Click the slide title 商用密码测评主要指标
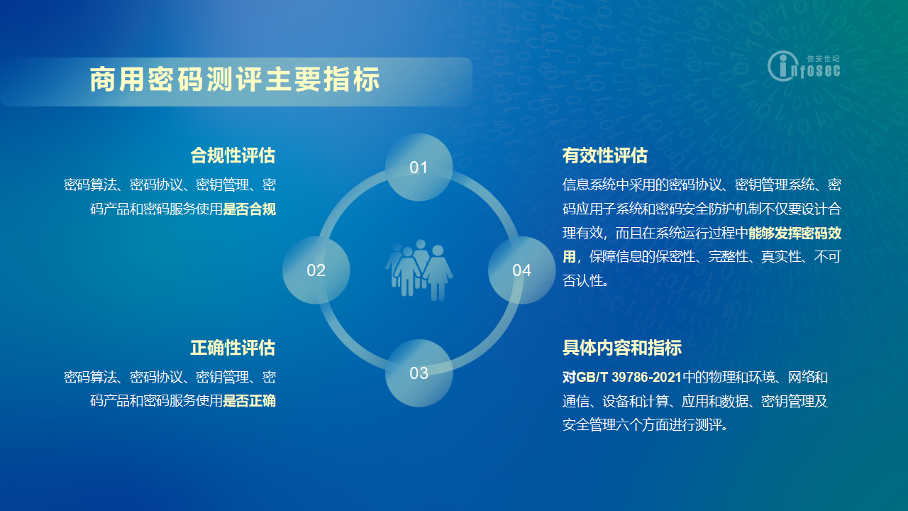pos(235,79)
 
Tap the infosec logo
pos(804,66)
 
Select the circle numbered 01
pos(419,167)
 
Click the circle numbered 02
pos(316,270)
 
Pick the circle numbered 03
pos(419,373)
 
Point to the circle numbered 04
pos(521,270)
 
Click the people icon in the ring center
pos(419,270)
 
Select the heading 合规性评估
pos(233,155)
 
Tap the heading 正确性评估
pos(233,348)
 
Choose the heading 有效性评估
pos(605,155)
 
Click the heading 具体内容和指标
pos(622,348)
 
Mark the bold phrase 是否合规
pos(249,209)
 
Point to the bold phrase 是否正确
pos(249,401)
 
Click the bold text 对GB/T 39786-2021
pos(622,377)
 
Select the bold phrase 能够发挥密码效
pos(795,233)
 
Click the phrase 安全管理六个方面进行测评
pos(642,424)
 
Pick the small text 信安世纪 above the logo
pos(824,58)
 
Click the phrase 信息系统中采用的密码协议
pos(642,185)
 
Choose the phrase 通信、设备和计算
pos(615,401)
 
